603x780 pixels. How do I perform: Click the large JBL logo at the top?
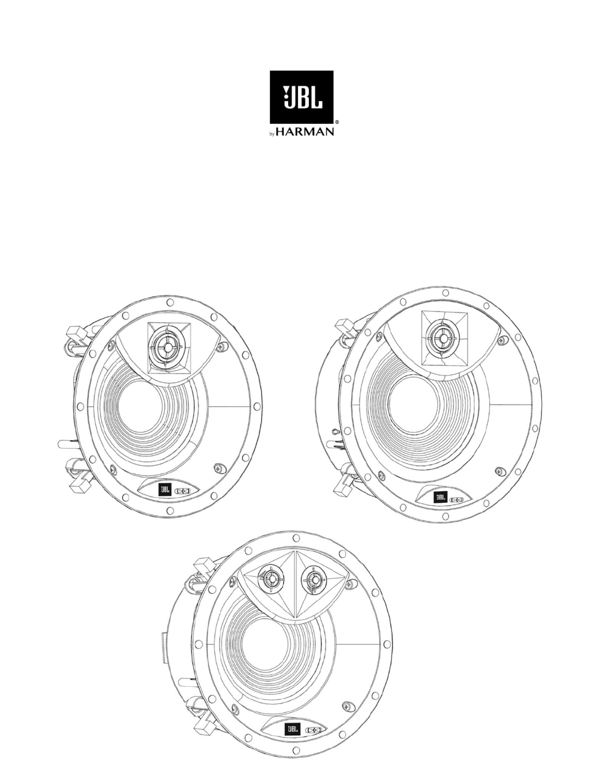pos(301,97)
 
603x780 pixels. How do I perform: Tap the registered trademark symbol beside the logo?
pos(337,122)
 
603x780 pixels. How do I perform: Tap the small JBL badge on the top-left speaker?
pos(165,490)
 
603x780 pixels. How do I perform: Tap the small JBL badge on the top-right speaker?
pos(441,497)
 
